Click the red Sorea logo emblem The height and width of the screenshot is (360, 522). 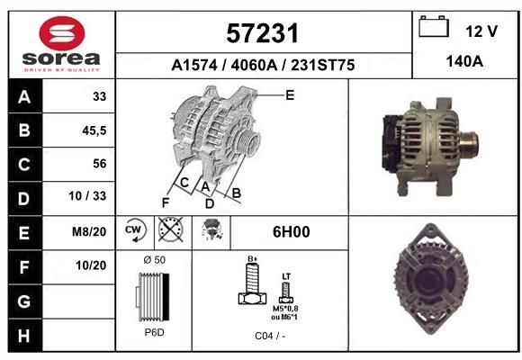pos(62,33)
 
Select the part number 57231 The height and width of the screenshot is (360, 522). pos(263,33)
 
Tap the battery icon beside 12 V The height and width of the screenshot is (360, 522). pos(434,27)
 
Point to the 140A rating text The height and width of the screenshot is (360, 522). pos(464,61)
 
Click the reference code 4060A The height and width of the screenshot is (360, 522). pos(254,66)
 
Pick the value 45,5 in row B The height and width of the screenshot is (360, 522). pos(94,130)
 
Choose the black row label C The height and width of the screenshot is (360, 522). pos(24,165)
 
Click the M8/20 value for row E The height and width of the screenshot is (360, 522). pos(89,232)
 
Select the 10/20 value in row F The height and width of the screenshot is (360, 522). pos(91,265)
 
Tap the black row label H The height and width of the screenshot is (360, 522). pos(24,336)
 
